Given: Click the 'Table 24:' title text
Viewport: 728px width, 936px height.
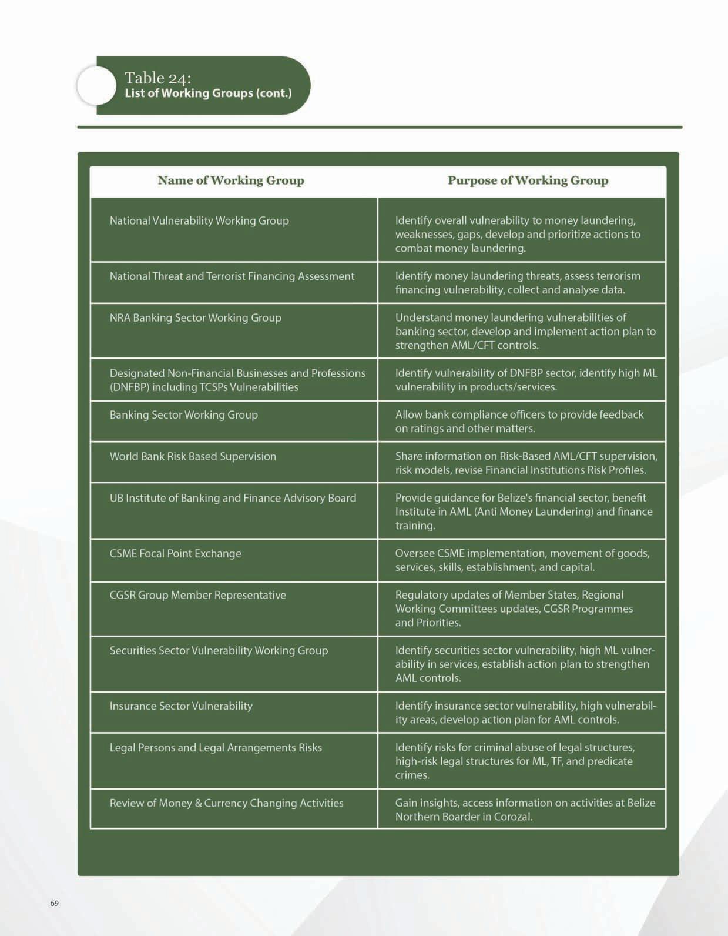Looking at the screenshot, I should pyautogui.click(x=157, y=78).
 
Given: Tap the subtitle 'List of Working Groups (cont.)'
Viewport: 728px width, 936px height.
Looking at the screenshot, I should pyautogui.click(x=208, y=93).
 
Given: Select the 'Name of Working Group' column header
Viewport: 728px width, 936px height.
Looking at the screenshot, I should pyautogui.click(x=231, y=180).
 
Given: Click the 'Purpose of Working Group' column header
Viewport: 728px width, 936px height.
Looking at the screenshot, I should pyautogui.click(x=528, y=180).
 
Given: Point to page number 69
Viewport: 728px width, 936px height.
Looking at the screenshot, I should pyautogui.click(x=55, y=903).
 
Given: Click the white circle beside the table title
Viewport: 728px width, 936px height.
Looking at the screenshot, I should pyautogui.click(x=96, y=86).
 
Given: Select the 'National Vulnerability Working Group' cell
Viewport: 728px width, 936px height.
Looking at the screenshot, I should pyautogui.click(x=199, y=221).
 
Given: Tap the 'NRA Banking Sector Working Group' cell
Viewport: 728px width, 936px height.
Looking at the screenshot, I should pyautogui.click(x=196, y=318).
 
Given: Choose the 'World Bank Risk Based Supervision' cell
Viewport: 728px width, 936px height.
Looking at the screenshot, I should pyautogui.click(x=193, y=457).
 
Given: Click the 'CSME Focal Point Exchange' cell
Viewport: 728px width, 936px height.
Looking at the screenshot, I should pyautogui.click(x=175, y=554).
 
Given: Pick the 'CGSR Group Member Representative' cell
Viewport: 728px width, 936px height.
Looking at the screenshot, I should pyautogui.click(x=197, y=596).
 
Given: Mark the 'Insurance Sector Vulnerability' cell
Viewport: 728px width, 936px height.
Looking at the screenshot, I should pyautogui.click(x=181, y=706).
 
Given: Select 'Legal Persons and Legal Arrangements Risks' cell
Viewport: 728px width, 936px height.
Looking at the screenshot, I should pyautogui.click(x=216, y=748).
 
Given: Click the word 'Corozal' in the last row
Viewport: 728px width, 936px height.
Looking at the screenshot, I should pyautogui.click(x=513, y=817).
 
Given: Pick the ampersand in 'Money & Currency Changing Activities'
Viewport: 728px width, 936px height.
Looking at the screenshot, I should pyautogui.click(x=198, y=804).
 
